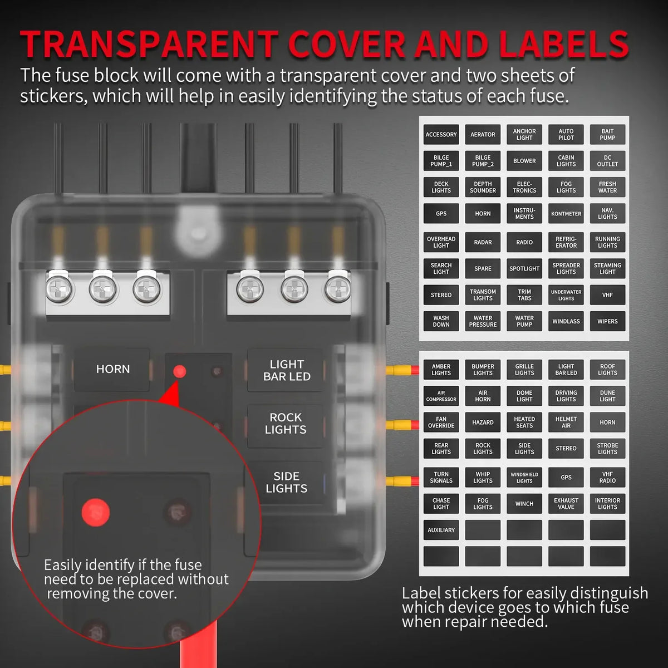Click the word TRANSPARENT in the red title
149,45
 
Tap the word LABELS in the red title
564,45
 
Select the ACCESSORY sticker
441,135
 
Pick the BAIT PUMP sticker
607,135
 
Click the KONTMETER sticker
566,214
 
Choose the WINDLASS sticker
566,321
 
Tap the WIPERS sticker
607,321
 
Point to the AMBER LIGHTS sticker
441,370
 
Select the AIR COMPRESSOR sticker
441,396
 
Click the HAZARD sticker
483,422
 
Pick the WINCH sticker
524,504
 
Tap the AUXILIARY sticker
441,530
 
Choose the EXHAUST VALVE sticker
566,504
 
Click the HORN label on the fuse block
112,369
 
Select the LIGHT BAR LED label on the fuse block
286,370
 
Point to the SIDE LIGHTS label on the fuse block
286,482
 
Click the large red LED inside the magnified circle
96,512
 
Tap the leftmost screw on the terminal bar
59,288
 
